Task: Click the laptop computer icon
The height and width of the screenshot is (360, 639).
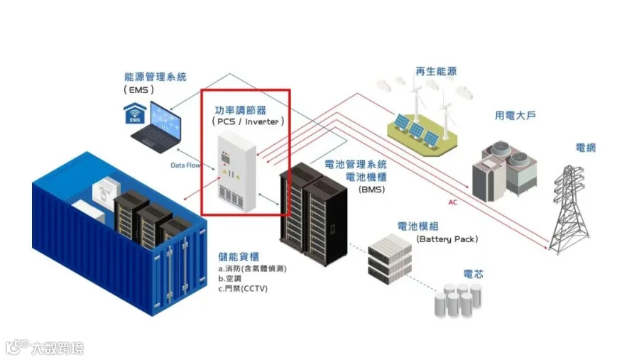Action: point(158,127)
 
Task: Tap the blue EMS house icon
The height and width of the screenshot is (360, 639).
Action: point(134,114)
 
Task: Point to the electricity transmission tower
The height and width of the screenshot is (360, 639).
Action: point(569,209)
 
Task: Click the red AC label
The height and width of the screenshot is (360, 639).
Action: point(452,202)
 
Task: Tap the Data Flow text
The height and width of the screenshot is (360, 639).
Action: point(185,165)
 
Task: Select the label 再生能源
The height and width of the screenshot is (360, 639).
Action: point(436,71)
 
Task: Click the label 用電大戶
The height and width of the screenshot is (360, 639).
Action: point(515,115)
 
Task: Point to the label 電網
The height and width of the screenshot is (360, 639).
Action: point(585,148)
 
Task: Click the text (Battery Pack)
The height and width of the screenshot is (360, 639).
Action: point(447,239)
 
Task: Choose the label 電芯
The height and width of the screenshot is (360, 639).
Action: point(473,274)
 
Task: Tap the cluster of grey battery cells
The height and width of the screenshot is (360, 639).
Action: point(458,300)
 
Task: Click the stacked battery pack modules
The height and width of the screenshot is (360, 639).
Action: point(390,258)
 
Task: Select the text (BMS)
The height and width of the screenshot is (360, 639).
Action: point(371,189)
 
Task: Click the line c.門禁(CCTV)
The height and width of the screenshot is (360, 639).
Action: point(243,289)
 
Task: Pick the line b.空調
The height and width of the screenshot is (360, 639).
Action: point(229,278)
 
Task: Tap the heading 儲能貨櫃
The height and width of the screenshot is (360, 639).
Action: point(239,256)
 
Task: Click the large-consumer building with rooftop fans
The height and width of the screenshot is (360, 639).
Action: point(504,171)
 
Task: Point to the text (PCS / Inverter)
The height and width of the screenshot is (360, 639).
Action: point(248,121)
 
